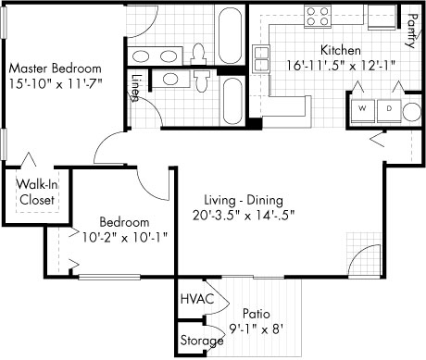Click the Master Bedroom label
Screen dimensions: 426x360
coord(55,68)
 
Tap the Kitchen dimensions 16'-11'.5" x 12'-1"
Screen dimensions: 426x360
coord(341,66)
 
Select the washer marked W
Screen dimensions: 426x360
coord(363,108)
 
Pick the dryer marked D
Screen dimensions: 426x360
coord(389,108)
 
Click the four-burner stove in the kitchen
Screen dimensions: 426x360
coord(318,16)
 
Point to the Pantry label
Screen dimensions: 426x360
coord(412,31)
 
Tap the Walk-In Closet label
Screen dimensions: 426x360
coord(37,192)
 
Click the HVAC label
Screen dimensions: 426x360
coord(197,299)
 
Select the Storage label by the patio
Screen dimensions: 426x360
coord(202,341)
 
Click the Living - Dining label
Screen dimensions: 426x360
coord(244,200)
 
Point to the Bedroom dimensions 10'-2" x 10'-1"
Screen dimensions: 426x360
coord(124,237)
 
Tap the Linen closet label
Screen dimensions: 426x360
coord(135,88)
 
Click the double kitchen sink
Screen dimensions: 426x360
coord(261,58)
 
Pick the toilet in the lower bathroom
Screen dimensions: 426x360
coord(202,81)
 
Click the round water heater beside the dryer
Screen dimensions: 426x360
coord(412,111)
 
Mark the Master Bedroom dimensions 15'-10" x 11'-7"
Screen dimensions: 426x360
coord(55,83)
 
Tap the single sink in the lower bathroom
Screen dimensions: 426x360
coord(170,79)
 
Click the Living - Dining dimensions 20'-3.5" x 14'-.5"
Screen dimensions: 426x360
coord(244,215)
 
